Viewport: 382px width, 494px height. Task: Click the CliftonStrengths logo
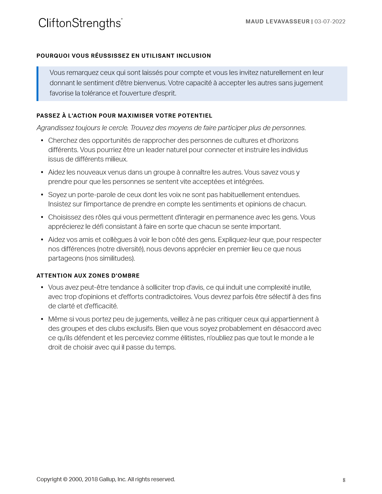(80, 23)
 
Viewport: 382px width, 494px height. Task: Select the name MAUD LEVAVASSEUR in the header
(277, 22)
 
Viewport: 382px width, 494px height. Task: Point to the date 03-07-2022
(330, 22)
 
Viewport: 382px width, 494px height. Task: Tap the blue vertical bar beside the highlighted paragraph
(37, 84)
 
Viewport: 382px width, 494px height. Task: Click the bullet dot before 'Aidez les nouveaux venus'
(42, 172)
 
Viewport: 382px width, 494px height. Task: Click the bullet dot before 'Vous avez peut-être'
(42, 287)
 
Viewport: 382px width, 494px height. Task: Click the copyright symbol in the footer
(65, 479)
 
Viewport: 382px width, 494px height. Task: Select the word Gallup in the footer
(107, 479)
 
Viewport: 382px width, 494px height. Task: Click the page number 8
(344, 480)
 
